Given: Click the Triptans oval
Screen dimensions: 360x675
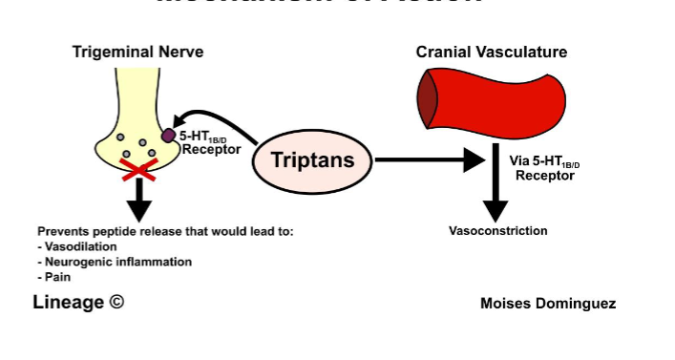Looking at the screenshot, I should click(x=312, y=160).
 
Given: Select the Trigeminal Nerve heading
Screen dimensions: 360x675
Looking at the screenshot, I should click(x=138, y=52).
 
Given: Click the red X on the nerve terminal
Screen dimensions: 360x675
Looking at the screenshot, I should click(x=139, y=170).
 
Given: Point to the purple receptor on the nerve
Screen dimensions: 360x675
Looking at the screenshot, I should click(x=168, y=136).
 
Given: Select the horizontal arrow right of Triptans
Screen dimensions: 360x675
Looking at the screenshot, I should click(x=430, y=159).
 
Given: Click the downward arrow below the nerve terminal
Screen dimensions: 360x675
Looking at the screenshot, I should click(x=140, y=199).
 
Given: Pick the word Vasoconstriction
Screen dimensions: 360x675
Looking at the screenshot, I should click(x=497, y=231).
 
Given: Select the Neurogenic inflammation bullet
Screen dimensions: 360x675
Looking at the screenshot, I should click(x=115, y=262).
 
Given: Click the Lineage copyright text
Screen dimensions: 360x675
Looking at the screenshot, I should click(x=78, y=303).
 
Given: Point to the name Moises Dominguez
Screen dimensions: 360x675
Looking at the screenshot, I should click(x=548, y=304).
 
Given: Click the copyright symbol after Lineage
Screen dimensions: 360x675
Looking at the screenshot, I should click(x=116, y=303).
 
